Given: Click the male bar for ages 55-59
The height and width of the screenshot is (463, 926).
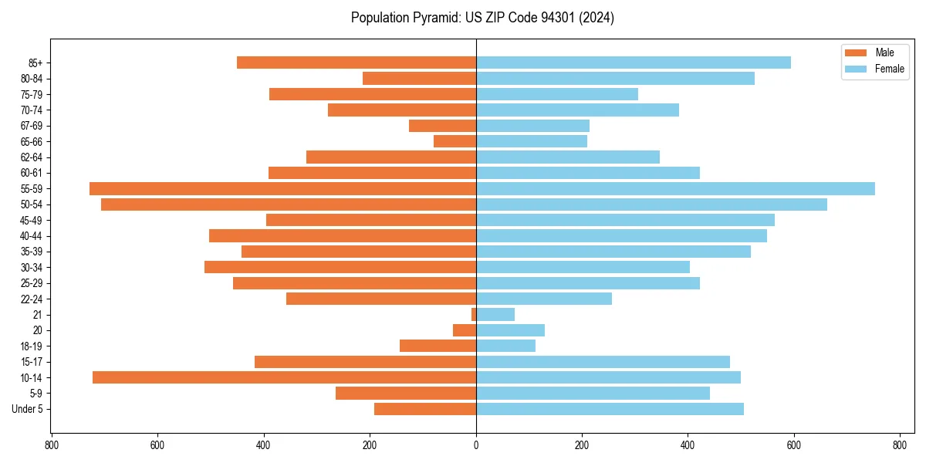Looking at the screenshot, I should pyautogui.click(x=282, y=189).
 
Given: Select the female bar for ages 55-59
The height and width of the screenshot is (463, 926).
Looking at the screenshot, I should pyautogui.click(x=675, y=189).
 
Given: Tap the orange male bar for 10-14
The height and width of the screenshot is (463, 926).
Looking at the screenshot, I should pyautogui.click(x=284, y=377).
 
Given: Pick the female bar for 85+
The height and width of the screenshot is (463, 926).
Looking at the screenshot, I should pyautogui.click(x=633, y=63).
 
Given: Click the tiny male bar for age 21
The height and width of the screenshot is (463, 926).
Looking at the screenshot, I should pyautogui.click(x=474, y=315).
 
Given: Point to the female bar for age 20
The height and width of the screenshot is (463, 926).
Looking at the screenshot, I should pyautogui.click(x=510, y=330).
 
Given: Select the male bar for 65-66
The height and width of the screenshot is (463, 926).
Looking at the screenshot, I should pyautogui.click(x=455, y=141).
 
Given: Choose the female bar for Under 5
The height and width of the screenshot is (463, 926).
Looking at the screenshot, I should pyautogui.click(x=610, y=409).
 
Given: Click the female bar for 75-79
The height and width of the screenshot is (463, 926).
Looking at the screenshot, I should pyautogui.click(x=556, y=94).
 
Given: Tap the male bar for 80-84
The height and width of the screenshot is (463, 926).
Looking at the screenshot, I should pyautogui.click(x=419, y=79).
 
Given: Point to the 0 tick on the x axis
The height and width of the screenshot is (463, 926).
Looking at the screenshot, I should pyautogui.click(x=476, y=445).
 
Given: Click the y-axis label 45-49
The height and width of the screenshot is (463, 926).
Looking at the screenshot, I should pyautogui.click(x=32, y=221).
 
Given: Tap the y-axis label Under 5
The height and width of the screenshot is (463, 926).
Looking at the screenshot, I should pyautogui.click(x=27, y=409).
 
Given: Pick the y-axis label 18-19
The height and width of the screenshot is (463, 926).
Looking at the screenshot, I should pyautogui.click(x=32, y=346).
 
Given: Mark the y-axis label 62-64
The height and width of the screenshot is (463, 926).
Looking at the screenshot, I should pyautogui.click(x=32, y=157).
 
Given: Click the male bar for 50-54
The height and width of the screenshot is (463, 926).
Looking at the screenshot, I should pyautogui.click(x=288, y=204).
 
